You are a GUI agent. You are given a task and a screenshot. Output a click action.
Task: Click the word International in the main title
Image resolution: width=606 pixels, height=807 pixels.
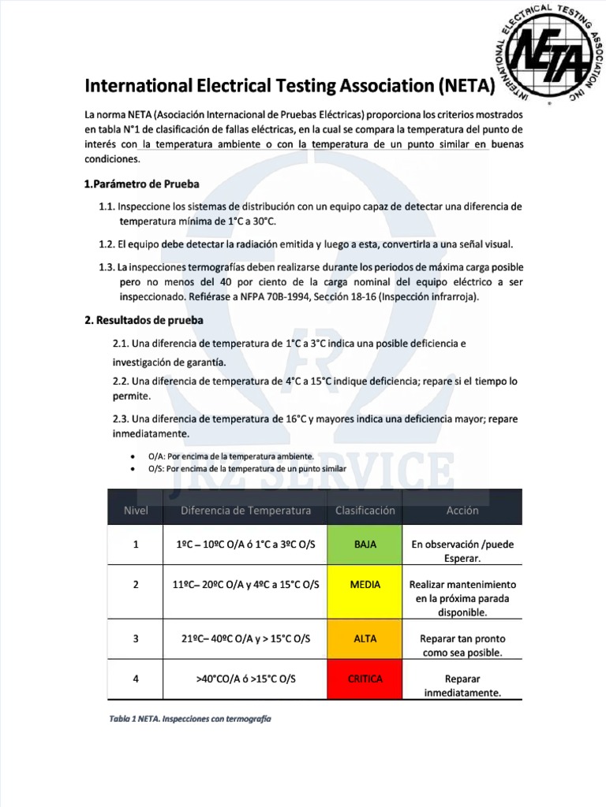138,85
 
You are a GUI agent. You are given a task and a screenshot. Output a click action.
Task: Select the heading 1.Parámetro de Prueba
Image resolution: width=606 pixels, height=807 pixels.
141,184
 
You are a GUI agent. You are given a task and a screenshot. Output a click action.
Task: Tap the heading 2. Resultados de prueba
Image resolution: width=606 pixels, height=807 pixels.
143,320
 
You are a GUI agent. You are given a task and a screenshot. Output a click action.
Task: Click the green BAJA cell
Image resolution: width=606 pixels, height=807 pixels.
365,545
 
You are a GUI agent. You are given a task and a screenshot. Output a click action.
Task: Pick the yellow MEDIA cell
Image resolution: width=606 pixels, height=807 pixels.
365,585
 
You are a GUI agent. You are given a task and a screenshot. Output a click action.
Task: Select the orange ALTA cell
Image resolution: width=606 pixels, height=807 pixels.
365,638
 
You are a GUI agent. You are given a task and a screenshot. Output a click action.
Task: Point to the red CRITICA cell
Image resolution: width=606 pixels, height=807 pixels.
365,679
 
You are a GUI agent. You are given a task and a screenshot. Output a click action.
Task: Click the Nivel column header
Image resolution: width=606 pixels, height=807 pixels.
136,511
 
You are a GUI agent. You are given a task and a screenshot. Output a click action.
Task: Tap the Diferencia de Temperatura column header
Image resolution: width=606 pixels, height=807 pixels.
246,511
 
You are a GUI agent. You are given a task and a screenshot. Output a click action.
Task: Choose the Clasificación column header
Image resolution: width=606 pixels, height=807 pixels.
365,511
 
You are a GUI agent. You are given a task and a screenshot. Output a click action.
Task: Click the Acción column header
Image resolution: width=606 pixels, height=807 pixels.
462,511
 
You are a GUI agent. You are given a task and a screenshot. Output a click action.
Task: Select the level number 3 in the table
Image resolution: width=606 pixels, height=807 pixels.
136,638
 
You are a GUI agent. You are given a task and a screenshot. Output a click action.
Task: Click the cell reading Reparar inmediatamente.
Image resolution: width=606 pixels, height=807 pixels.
462,686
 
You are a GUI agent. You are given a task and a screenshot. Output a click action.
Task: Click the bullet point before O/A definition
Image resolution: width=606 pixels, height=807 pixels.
131,457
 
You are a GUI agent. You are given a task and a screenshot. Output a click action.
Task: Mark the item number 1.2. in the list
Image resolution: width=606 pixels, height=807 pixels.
108,244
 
